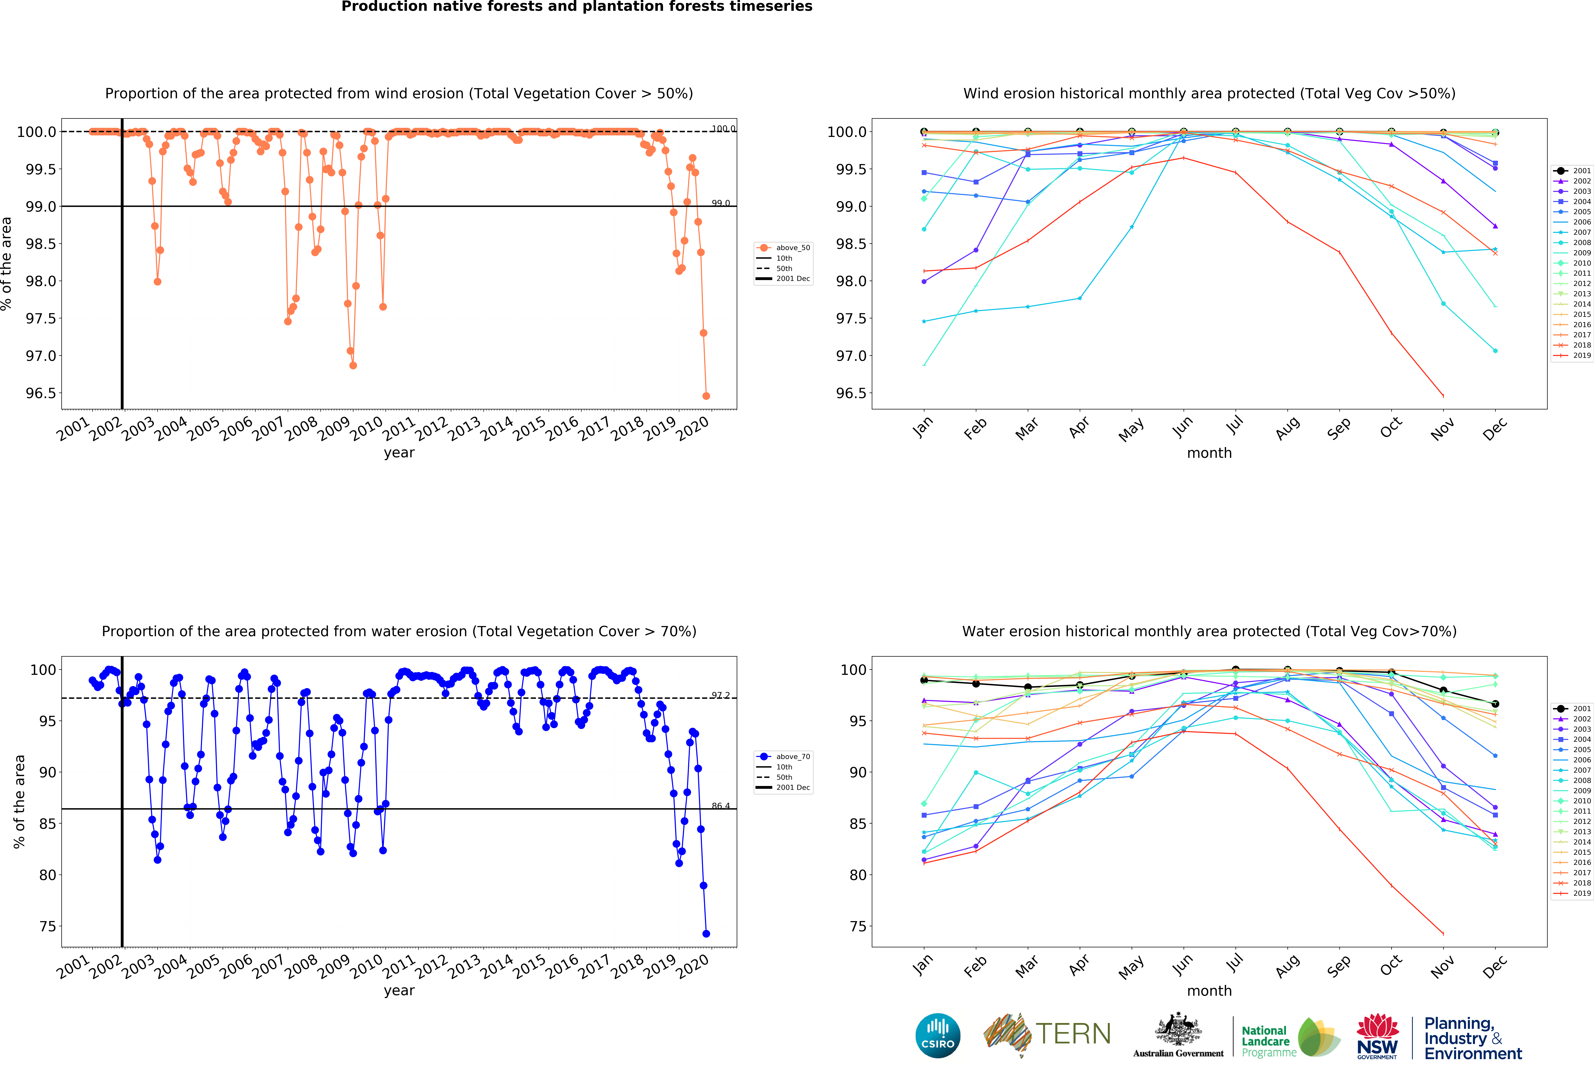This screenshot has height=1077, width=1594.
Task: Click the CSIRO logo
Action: tap(938, 1035)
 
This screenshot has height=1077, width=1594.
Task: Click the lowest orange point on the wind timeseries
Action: tap(706, 396)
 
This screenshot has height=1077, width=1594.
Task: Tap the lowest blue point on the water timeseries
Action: tap(706, 934)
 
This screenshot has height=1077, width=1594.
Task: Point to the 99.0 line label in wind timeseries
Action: tap(720, 203)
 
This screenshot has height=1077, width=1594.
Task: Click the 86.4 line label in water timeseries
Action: tap(720, 806)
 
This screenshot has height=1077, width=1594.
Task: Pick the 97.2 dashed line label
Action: tap(720, 695)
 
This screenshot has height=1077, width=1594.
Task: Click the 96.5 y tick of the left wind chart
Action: tap(41, 393)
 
